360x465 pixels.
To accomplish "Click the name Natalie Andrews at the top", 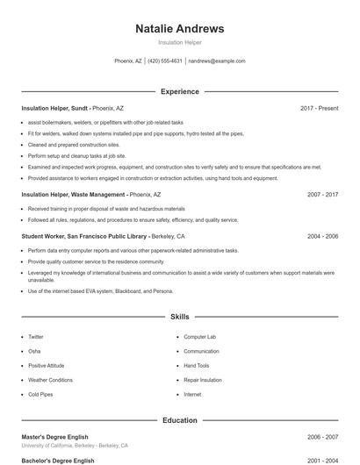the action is [179, 28].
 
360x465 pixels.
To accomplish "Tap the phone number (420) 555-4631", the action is [165, 61].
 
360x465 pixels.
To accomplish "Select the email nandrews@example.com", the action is [217, 61].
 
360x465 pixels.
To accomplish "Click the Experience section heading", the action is [179, 91].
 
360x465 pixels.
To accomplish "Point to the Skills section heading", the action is [179, 316].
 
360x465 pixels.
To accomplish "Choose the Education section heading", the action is [179, 420].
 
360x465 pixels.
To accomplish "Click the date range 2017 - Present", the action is [319, 109].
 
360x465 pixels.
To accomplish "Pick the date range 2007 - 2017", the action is [323, 195].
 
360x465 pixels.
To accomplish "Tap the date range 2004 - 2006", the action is [323, 236].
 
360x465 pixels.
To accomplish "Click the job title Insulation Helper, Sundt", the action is [54, 109].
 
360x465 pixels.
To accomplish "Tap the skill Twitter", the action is [36, 337].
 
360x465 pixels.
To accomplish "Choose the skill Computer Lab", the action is [199, 337].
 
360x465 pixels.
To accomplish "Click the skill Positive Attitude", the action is [47, 366].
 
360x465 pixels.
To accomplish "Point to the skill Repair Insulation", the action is [203, 380].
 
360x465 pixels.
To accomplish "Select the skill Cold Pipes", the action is [40, 395].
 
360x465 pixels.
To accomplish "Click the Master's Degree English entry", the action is [57, 437].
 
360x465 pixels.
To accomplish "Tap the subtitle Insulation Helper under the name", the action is [179, 41].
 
